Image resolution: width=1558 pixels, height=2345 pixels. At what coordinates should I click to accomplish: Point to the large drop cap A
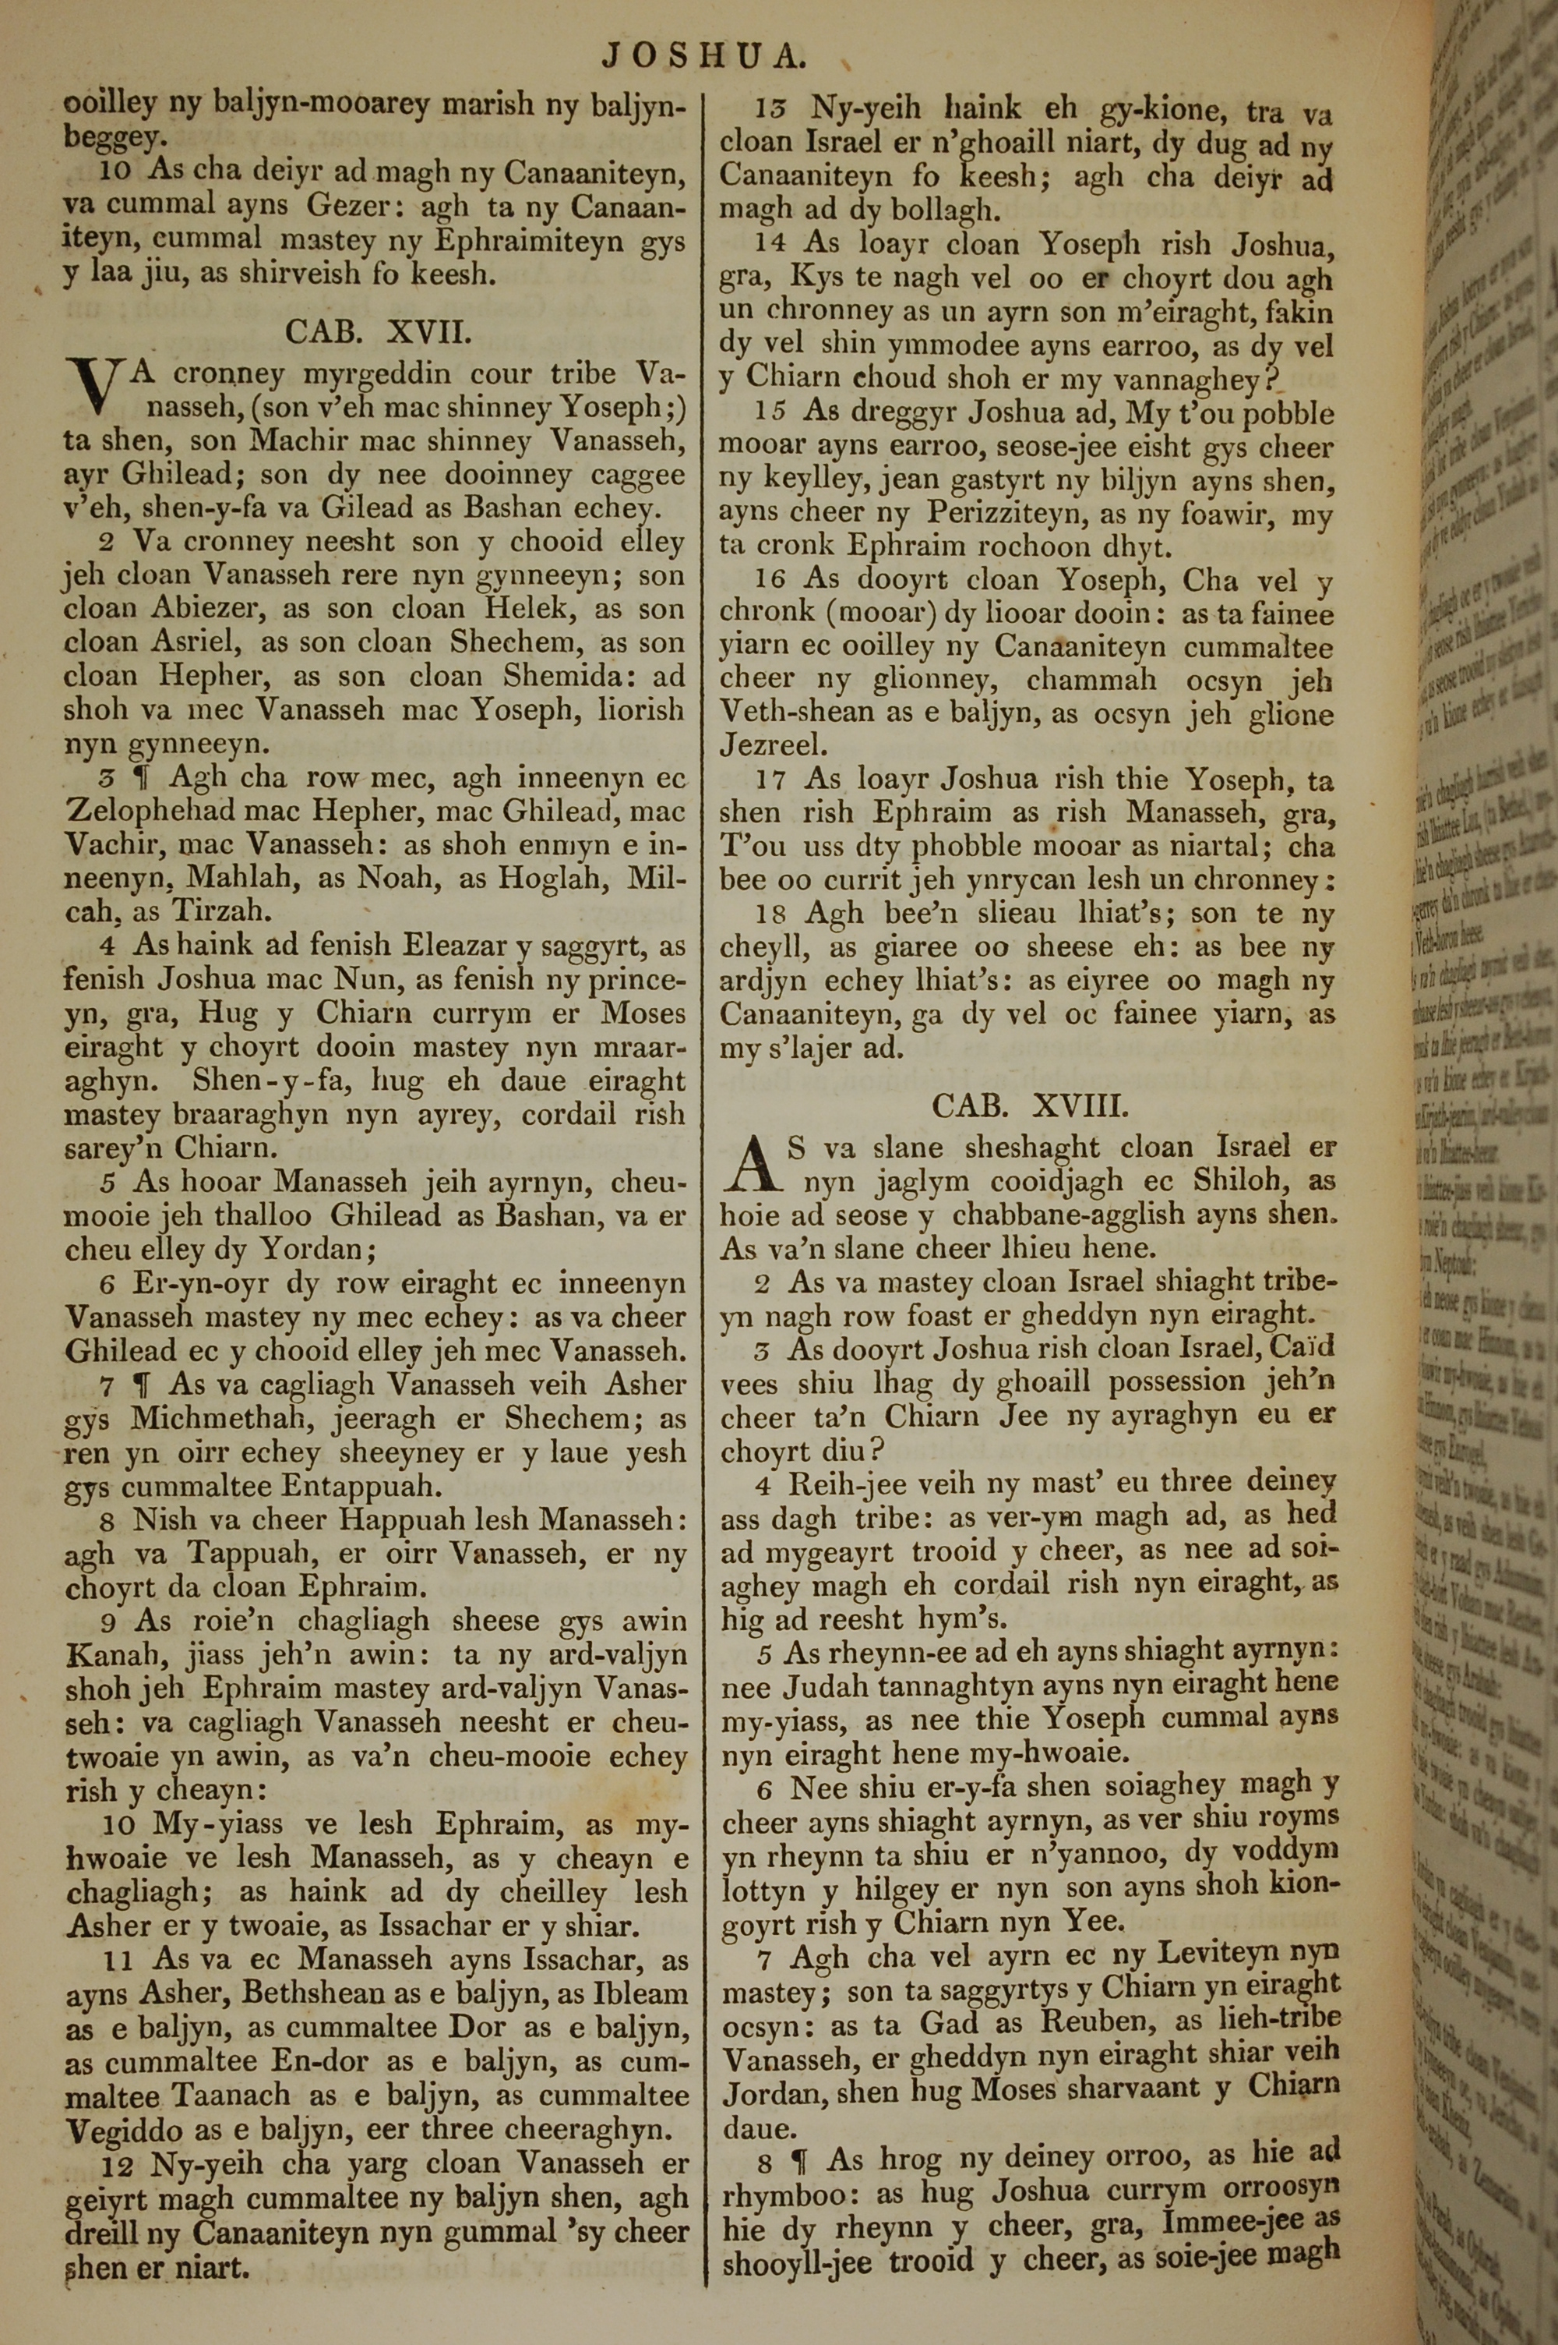(x=754, y=1165)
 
